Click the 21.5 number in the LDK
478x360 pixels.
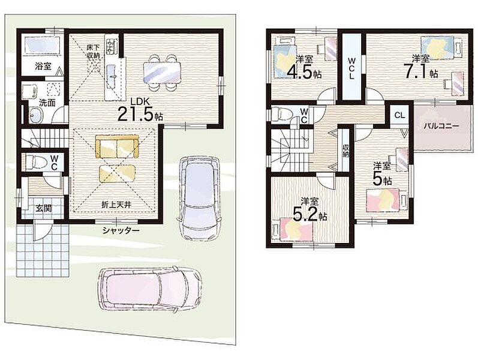136,114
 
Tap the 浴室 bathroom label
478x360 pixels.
43,67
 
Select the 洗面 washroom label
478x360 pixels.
47,103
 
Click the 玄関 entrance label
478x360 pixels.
44,208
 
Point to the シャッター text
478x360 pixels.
121,230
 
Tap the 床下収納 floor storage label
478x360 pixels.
94,52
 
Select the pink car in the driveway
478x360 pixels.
149,289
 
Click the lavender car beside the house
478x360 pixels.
199,199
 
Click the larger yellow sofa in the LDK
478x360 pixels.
117,146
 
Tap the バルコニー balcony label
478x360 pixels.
442,126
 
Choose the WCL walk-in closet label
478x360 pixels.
351,67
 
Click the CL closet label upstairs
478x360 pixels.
399,115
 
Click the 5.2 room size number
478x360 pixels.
305,214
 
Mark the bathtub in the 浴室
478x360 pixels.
43,46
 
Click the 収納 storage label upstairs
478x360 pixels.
345,151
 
